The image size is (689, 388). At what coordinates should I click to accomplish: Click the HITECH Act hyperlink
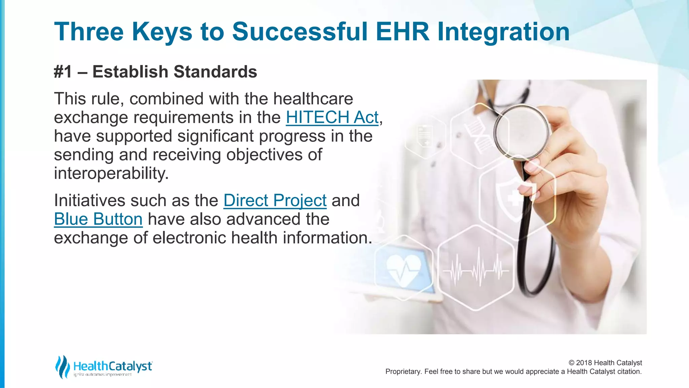[x=332, y=118]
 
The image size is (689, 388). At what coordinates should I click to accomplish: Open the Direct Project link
[x=275, y=201]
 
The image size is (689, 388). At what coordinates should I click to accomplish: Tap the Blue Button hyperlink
[x=98, y=219]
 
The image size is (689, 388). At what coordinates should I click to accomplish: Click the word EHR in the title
[x=402, y=32]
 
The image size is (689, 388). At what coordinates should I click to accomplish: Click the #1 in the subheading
[x=63, y=72]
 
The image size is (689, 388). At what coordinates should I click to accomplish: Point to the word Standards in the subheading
[x=215, y=72]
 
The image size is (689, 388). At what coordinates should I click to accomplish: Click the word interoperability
[x=111, y=173]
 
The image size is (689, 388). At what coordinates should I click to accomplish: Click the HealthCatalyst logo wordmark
[x=113, y=366]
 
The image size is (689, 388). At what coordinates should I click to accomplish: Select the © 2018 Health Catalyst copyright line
[x=605, y=363]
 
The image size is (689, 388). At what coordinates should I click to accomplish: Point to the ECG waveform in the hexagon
[x=476, y=269]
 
